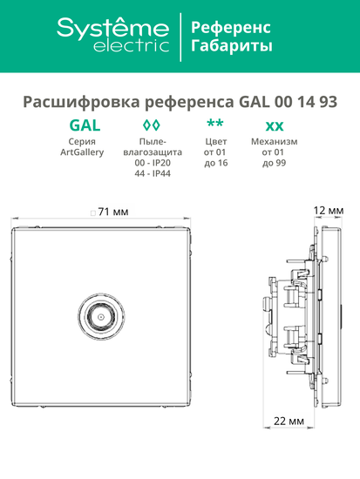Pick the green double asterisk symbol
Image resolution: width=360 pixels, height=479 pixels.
coord(214,122)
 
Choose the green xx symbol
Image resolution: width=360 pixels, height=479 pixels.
coord(274,124)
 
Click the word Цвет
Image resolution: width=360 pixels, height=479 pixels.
coord(214,141)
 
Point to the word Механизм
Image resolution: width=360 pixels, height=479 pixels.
coord(274,141)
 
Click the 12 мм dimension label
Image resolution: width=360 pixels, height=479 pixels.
coord(329,211)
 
